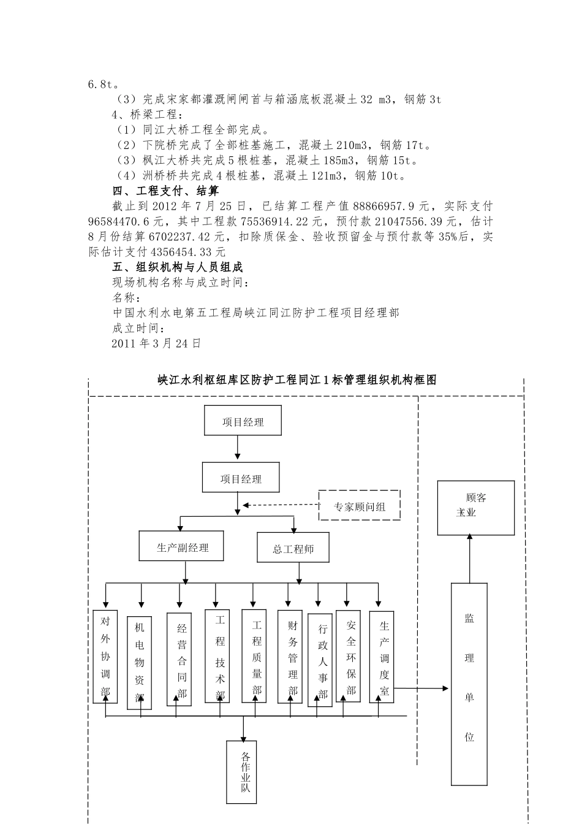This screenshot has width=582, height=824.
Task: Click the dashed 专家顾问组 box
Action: [360, 506]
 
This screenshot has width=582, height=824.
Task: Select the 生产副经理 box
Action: [182, 546]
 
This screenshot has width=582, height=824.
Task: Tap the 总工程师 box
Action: [293, 547]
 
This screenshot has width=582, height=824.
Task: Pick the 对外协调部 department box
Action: [105, 656]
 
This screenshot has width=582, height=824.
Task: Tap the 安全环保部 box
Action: [350, 656]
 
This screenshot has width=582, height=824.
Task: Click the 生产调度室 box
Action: [383, 656]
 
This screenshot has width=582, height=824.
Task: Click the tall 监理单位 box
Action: [469, 683]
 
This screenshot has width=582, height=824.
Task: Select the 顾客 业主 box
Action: [475, 508]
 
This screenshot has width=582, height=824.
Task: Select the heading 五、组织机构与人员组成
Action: [178, 267]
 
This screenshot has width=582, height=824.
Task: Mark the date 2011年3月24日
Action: [157, 344]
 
